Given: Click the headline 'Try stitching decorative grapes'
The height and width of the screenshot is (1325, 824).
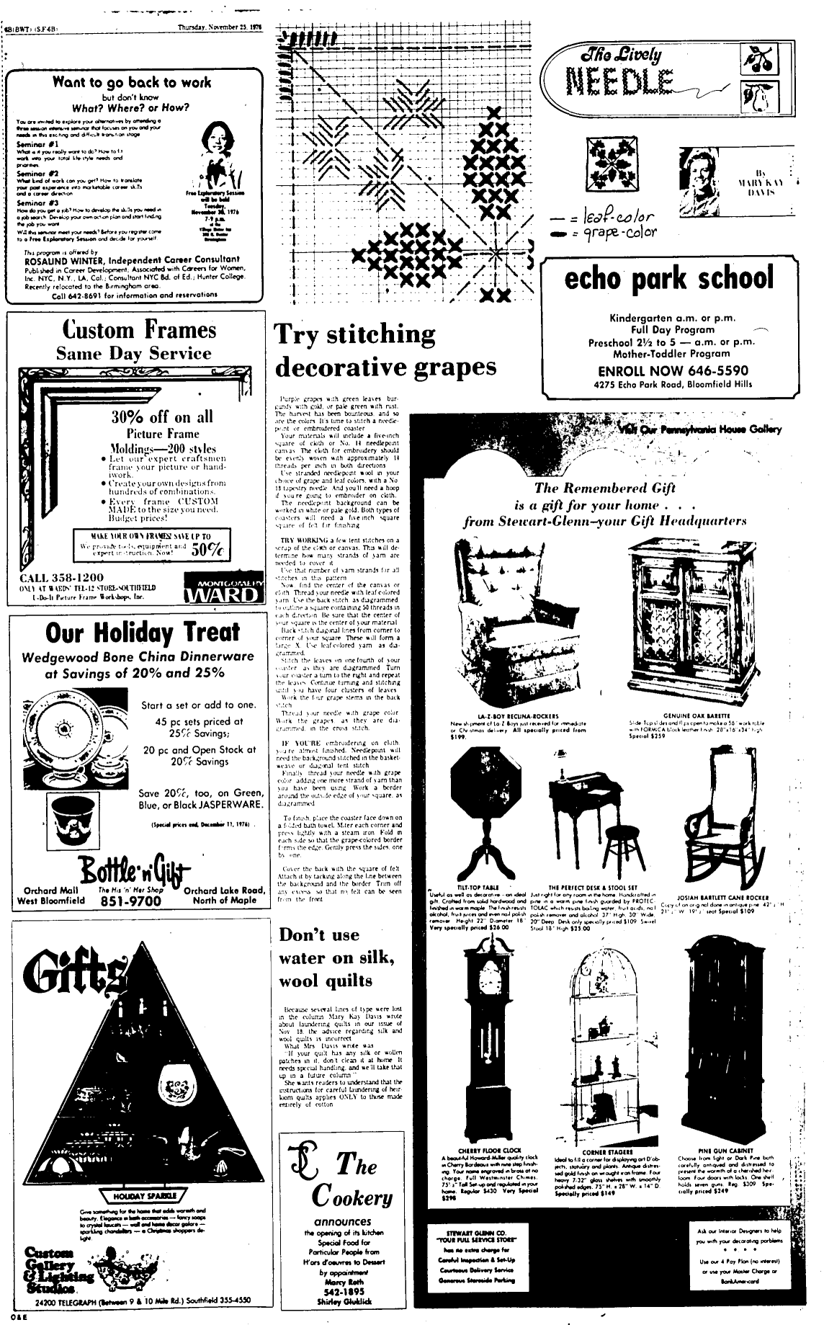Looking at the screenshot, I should [x=385, y=351].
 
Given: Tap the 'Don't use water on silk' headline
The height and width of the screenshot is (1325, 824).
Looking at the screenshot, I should [x=336, y=958].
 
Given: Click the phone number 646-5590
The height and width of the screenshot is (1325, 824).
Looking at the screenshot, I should [x=712, y=371].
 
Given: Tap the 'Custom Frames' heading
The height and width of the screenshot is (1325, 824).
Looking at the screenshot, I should [x=139, y=330].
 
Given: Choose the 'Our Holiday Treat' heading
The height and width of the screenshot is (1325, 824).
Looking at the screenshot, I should [x=142, y=633].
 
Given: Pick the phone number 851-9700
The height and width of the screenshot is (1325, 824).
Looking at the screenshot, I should [x=130, y=901].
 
